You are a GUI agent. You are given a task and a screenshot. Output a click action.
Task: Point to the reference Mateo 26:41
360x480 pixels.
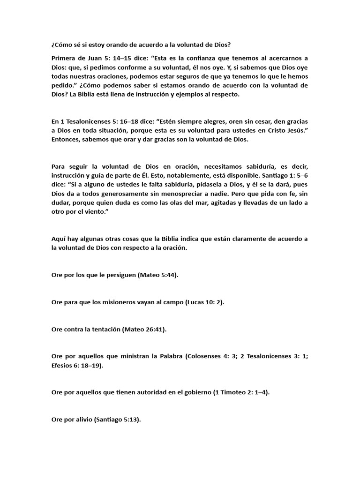pos(144,330)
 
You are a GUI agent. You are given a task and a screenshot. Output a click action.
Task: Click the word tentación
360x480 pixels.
pos(102,330)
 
